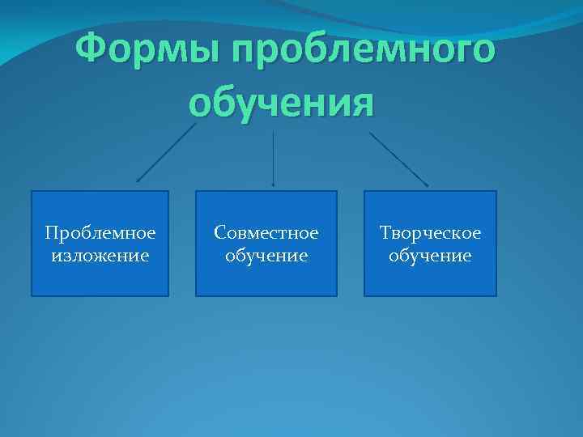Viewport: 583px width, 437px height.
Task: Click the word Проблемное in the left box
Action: click(x=100, y=233)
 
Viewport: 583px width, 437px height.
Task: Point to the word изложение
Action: click(x=100, y=256)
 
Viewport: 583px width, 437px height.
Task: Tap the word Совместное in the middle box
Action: click(x=266, y=233)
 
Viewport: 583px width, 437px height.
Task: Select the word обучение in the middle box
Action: click(x=266, y=256)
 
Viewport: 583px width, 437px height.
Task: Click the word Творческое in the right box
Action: click(x=431, y=233)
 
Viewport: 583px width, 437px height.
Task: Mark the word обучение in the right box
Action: click(x=431, y=256)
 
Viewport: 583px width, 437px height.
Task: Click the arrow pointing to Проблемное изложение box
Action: click(x=166, y=153)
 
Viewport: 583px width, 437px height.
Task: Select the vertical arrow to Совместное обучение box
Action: click(x=273, y=158)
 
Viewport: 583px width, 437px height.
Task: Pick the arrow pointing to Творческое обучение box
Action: click(x=399, y=159)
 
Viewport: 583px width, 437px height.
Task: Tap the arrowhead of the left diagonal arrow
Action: click(x=138, y=181)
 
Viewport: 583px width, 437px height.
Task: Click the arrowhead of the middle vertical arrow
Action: click(x=273, y=185)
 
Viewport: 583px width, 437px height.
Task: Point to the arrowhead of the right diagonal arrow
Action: click(x=426, y=185)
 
